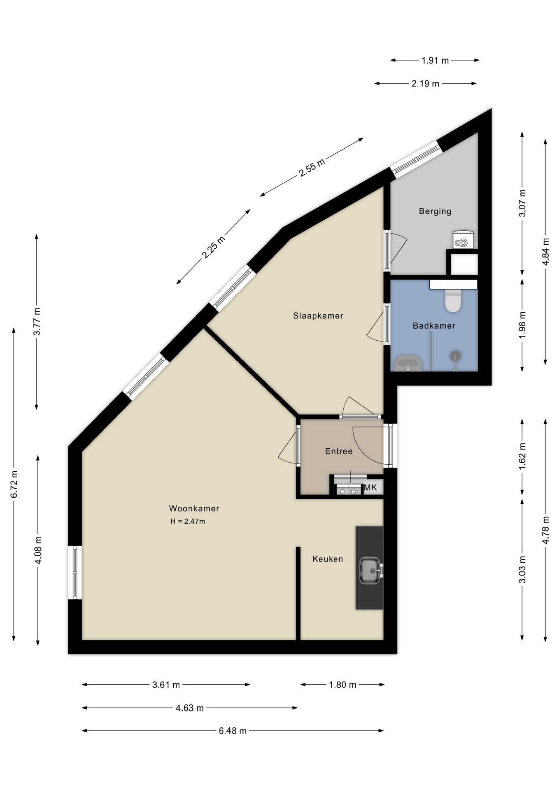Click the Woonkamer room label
pyautogui.click(x=194, y=508)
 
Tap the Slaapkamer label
pyautogui.click(x=318, y=316)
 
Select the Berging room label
pyautogui.click(x=435, y=211)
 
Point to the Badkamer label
pyautogui.click(x=434, y=326)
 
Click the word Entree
pyautogui.click(x=339, y=451)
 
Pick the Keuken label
pyautogui.click(x=328, y=559)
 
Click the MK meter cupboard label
pyautogui.click(x=370, y=488)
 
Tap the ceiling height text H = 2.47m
pyautogui.click(x=188, y=521)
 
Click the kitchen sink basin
pyautogui.click(x=370, y=571)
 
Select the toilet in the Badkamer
pyautogui.click(x=453, y=300)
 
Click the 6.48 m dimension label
pyautogui.click(x=233, y=731)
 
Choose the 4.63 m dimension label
pyautogui.click(x=190, y=708)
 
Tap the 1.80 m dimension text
pyautogui.click(x=342, y=685)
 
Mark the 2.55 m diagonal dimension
pyautogui.click(x=312, y=167)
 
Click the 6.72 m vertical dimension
pyautogui.click(x=14, y=484)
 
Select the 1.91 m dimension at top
pyautogui.click(x=435, y=61)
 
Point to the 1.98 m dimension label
pyautogui.click(x=522, y=325)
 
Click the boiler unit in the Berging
pyautogui.click(x=463, y=240)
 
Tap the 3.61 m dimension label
pyautogui.click(x=166, y=685)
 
